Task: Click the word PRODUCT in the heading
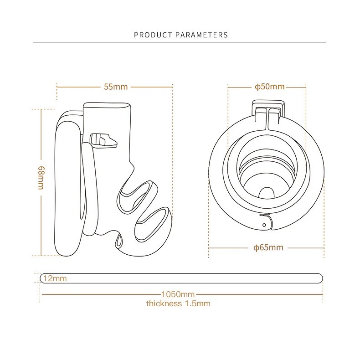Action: click(x=153, y=35)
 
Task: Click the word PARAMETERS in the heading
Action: click(x=201, y=35)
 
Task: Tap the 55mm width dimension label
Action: click(x=116, y=87)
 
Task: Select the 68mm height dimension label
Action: click(x=41, y=178)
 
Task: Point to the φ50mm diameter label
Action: click(x=269, y=87)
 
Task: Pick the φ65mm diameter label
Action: click(x=268, y=247)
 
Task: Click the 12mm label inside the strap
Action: click(x=55, y=278)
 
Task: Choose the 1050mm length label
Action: click(x=178, y=294)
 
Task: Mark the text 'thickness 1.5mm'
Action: click(x=178, y=303)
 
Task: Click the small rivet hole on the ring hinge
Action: click(x=264, y=225)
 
